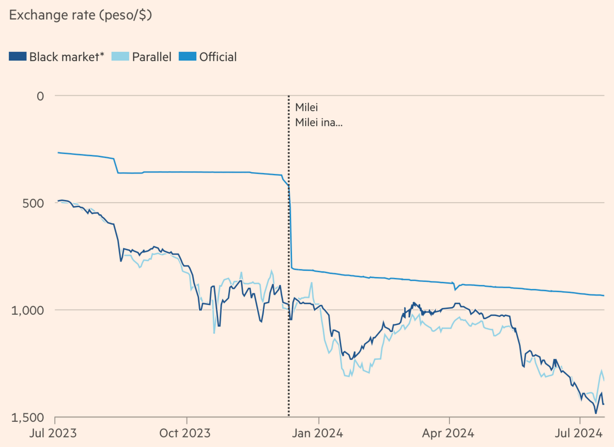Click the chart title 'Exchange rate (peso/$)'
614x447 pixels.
[80, 15]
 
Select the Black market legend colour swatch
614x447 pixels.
[18, 57]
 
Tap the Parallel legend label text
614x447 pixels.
[151, 57]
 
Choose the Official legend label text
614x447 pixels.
[218, 57]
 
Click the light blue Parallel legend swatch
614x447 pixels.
[120, 57]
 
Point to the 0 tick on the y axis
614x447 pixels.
[40, 96]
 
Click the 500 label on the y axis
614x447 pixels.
[34, 203]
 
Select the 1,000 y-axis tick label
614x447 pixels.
[27, 310]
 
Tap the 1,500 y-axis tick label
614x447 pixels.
[27, 418]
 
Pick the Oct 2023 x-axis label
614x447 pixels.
[185, 434]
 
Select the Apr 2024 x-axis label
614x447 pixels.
[448, 434]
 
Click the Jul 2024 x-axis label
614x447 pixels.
[579, 434]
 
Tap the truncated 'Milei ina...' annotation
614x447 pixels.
[318, 123]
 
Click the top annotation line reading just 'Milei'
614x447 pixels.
[307, 107]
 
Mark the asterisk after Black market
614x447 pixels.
[102, 55]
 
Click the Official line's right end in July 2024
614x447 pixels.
[604, 296]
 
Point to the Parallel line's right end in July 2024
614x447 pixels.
[604, 379]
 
